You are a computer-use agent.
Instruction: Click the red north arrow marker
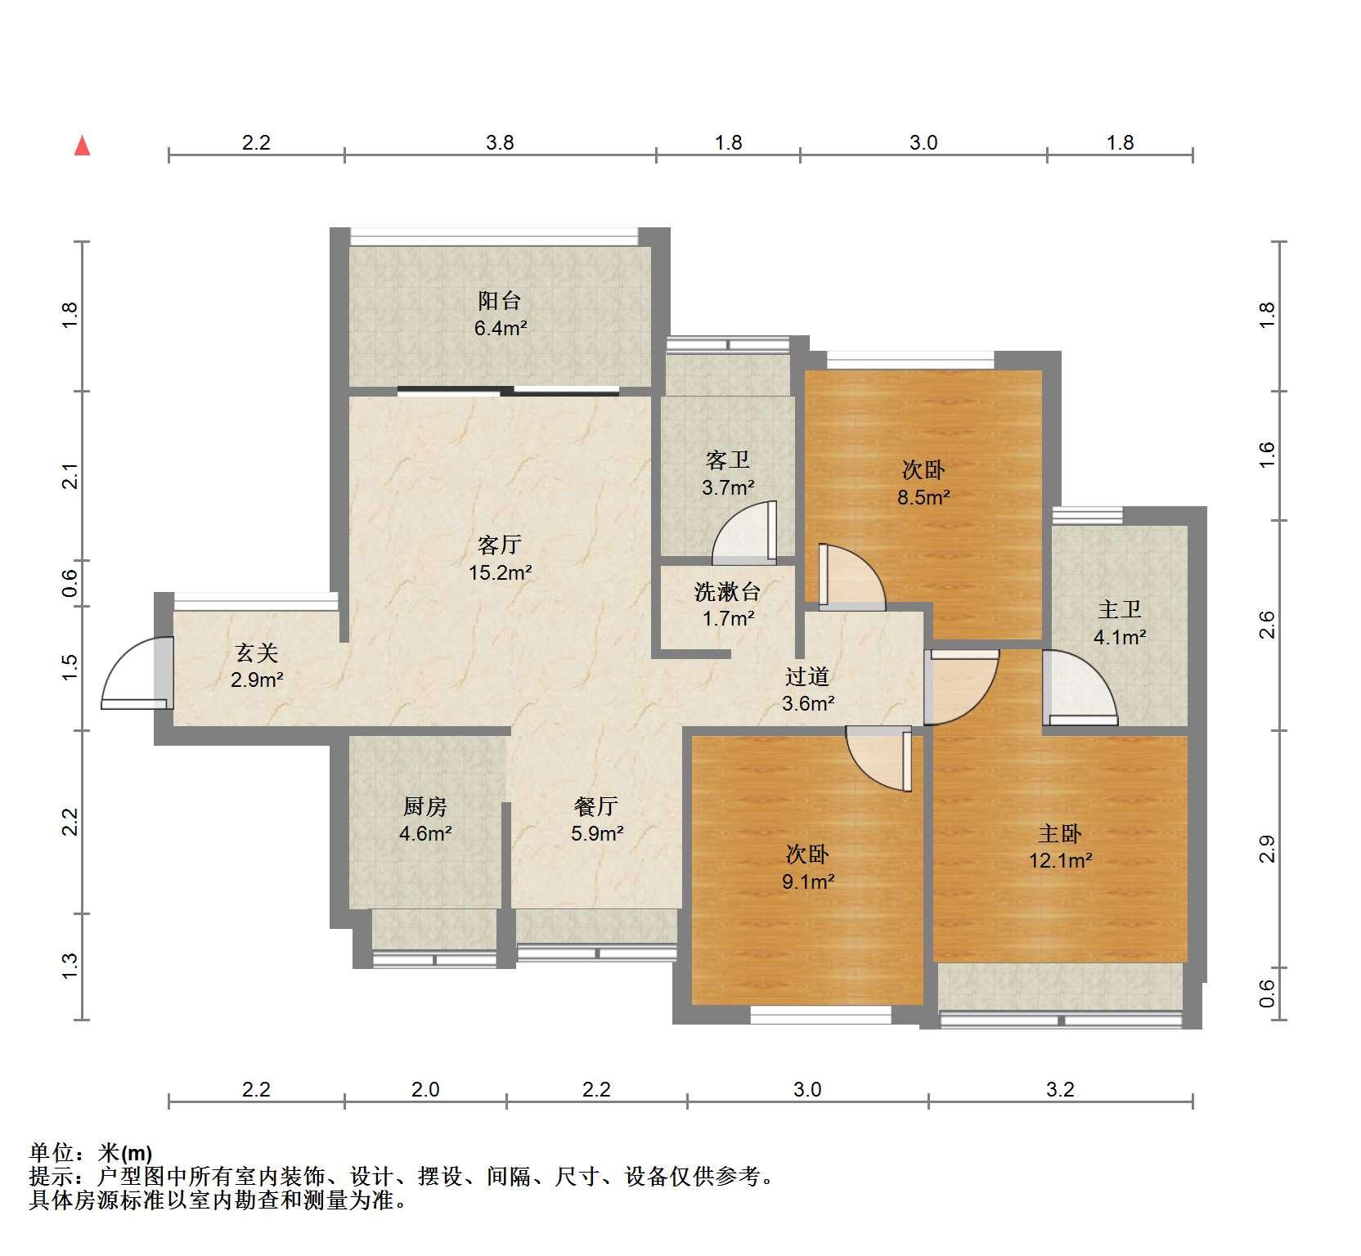tap(82, 146)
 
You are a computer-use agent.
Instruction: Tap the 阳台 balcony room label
tap(499, 301)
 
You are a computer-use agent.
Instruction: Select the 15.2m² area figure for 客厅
tap(500, 572)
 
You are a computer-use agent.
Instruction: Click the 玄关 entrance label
tap(257, 653)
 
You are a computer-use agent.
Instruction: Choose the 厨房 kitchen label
tap(425, 807)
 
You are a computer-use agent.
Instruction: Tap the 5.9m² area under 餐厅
tap(597, 834)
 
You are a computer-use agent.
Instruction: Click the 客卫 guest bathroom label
tap(727, 460)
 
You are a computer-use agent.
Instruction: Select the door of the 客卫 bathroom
tap(744, 533)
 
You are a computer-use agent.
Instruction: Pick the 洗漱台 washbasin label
tap(727, 591)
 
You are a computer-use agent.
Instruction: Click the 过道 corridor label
tap(807, 676)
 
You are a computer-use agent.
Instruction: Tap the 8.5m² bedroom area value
tap(923, 497)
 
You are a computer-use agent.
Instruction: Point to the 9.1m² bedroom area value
tap(807, 881)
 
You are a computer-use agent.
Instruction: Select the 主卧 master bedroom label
tap(1060, 834)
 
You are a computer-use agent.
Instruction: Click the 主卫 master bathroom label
tap(1119, 609)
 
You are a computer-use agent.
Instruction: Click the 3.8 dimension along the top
tap(500, 143)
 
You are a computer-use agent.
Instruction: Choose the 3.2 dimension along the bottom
tap(1060, 1090)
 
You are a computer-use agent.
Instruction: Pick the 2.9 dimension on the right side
tap(1267, 849)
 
